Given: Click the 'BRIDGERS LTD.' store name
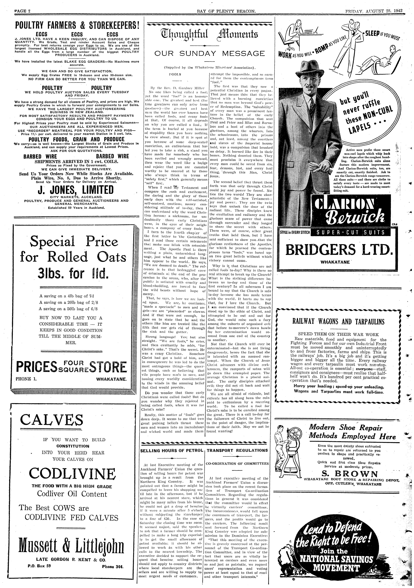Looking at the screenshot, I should [x=339, y=250].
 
